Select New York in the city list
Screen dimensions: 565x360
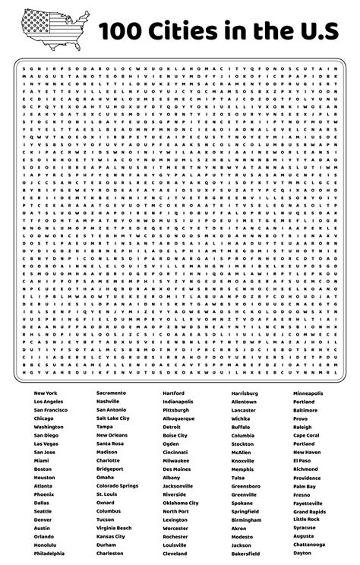46,393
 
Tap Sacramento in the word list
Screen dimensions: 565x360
112,393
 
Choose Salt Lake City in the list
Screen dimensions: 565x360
113,418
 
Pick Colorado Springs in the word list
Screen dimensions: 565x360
118,487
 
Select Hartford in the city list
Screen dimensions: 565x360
174,393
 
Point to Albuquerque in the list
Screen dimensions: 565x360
179,418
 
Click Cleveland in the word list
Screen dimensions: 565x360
175,555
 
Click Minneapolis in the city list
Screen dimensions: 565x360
308,393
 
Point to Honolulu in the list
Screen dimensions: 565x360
46,546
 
